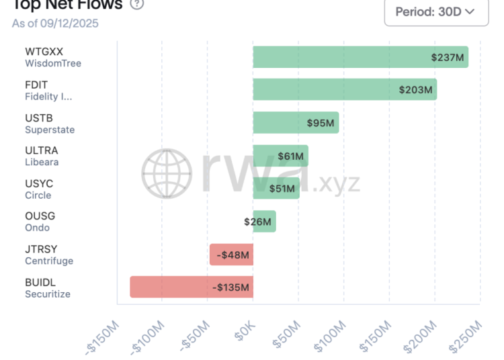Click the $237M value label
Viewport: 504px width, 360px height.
click(448, 58)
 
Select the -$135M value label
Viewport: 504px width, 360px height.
click(230, 288)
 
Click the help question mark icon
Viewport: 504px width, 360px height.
click(137, 5)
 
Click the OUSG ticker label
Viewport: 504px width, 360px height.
click(40, 216)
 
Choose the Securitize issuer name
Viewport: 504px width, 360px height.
click(48, 294)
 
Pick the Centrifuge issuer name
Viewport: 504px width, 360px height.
click(49, 261)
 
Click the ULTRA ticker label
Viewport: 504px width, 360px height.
click(42, 150)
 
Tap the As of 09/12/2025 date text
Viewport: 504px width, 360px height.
click(55, 24)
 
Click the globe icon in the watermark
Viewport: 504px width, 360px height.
click(167, 173)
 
